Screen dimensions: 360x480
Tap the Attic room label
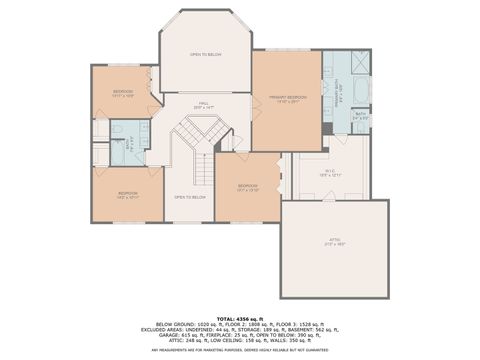pyautogui.click(x=334, y=242)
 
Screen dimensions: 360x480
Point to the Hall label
pyautogui.click(x=204, y=103)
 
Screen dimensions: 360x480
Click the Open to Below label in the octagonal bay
pyautogui.click(x=206, y=54)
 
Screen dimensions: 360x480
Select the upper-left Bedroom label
pyautogui.click(x=123, y=93)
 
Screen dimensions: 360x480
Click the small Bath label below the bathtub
pyautogui.click(x=360, y=116)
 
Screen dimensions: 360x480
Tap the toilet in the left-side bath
pyautogui.click(x=114, y=129)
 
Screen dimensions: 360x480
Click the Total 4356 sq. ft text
pyautogui.click(x=240, y=317)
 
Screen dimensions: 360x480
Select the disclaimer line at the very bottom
pyautogui.click(x=240, y=349)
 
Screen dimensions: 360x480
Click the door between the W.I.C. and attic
pyautogui.click(x=325, y=199)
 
